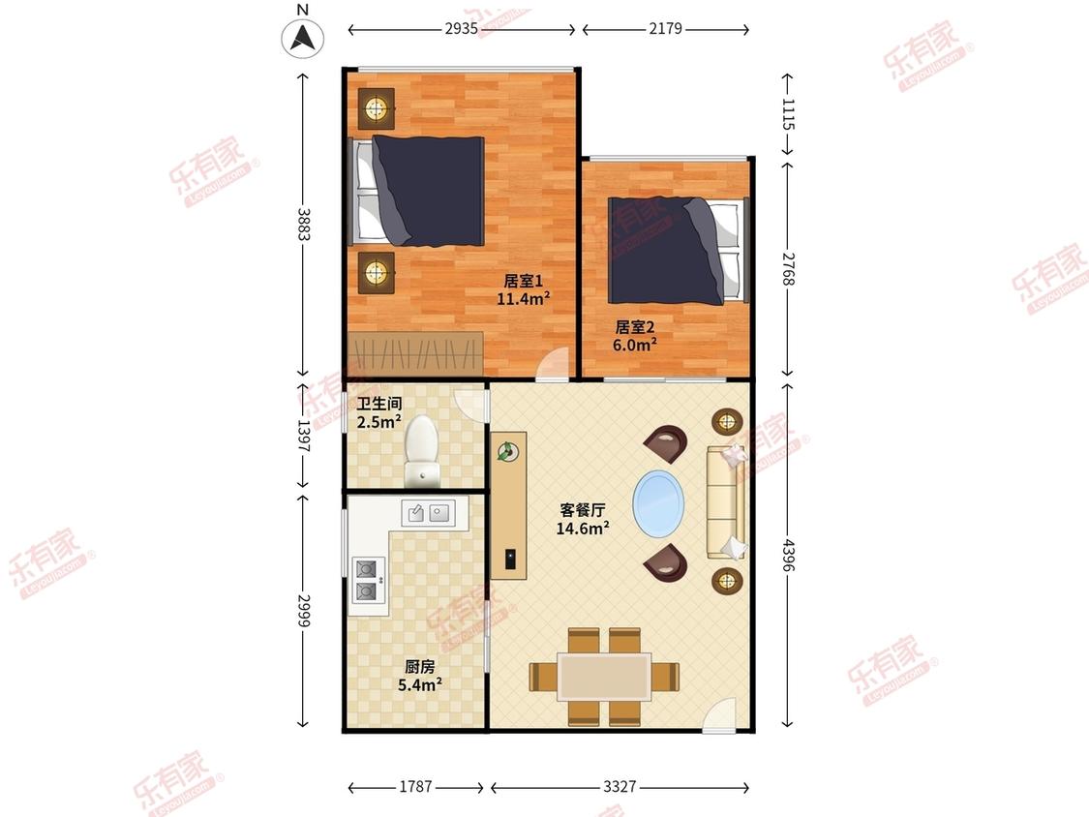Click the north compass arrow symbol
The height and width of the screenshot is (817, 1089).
(x=303, y=38)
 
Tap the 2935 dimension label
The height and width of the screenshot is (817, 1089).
(x=461, y=28)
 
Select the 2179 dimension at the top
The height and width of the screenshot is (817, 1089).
(x=665, y=28)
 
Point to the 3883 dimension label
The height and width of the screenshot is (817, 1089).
(x=304, y=225)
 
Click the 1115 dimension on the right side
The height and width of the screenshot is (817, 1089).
(x=788, y=114)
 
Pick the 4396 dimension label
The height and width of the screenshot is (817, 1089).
(x=788, y=555)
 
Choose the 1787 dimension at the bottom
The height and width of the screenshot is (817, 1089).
(x=415, y=786)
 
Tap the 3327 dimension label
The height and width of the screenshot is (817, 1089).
(x=619, y=786)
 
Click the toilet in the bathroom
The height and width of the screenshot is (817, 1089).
(x=422, y=450)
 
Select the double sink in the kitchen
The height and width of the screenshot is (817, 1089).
(x=429, y=513)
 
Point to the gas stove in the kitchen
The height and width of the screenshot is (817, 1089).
(x=369, y=580)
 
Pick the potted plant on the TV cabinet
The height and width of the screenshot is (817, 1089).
(x=507, y=451)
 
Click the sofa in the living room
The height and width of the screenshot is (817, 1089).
(x=726, y=501)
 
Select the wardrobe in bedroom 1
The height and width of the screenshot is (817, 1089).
(x=415, y=354)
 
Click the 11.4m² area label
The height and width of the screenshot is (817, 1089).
(x=523, y=299)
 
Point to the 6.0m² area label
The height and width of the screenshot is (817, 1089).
(x=635, y=344)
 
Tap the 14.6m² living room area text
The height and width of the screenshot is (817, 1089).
(x=583, y=528)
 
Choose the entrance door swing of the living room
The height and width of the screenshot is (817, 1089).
(x=719, y=714)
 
